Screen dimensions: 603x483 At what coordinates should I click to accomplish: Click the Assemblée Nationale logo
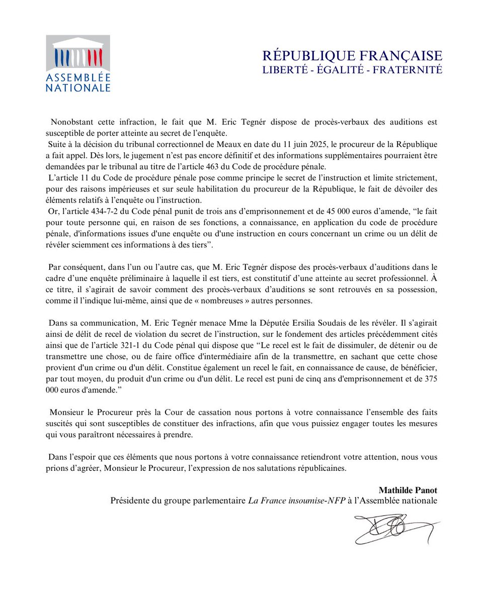pos(78,63)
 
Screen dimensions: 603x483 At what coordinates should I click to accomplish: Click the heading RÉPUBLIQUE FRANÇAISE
pos(353,55)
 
